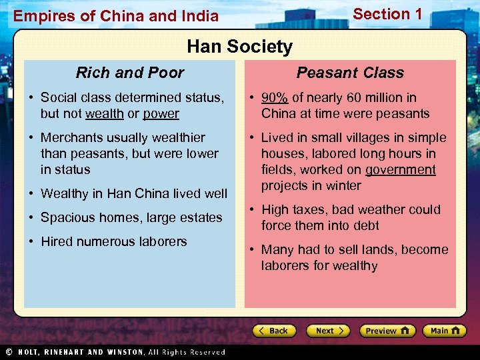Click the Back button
coord(273,331)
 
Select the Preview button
coord(387,331)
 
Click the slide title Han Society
coord(239,47)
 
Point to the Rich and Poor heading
coord(130,73)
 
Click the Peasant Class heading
coord(350,73)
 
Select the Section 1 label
coord(387,14)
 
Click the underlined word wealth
coord(104,113)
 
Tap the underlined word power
coord(161,113)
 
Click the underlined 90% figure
coord(275,97)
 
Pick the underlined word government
coord(401,169)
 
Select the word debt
coord(366,225)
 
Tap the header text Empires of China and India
coord(116,15)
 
